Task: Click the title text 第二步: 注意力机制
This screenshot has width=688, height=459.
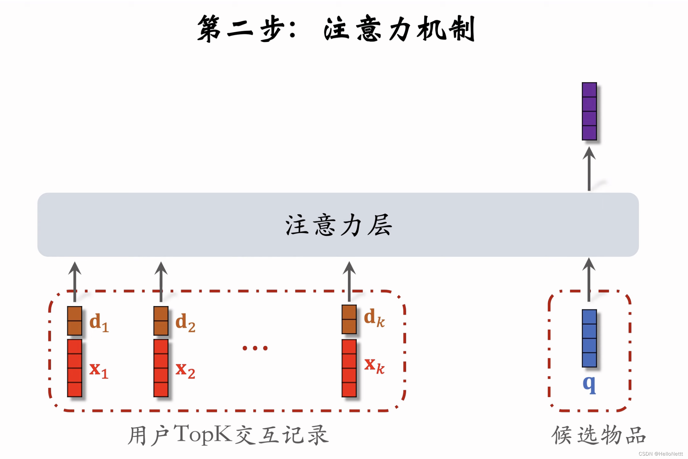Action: click(336, 29)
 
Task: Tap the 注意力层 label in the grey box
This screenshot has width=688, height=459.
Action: click(339, 225)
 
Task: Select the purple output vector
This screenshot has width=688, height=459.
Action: click(589, 111)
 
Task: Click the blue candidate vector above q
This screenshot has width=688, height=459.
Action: click(589, 338)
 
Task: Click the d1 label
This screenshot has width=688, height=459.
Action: click(99, 322)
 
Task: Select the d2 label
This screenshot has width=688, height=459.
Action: click(185, 322)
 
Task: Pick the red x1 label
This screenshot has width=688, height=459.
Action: click(99, 370)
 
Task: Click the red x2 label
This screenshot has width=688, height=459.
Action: click(185, 370)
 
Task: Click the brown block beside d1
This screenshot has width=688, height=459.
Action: click(74, 321)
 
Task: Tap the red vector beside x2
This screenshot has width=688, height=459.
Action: click(161, 368)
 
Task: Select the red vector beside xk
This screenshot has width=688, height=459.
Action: click(349, 368)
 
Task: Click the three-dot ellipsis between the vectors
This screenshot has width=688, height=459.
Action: click(255, 348)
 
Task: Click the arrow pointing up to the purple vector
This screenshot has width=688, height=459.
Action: click(589, 169)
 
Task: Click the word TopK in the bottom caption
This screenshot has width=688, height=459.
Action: click(203, 434)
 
